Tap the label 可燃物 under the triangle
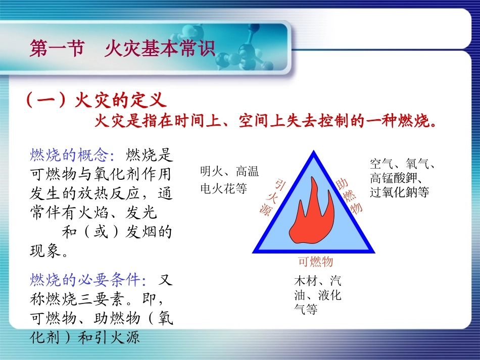tap(315, 262)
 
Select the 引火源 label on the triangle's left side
tap(273, 197)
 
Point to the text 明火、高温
tap(229, 172)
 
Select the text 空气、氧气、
tap(403, 164)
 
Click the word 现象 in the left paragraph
tap(45, 250)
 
